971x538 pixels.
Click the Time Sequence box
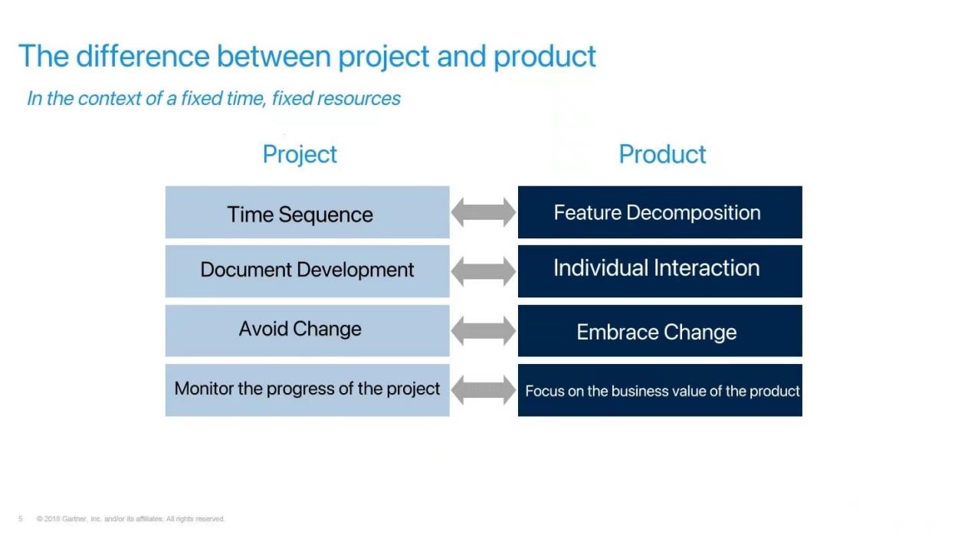pos(307,212)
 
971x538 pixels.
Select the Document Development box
pos(307,271)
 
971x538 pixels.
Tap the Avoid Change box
pos(307,331)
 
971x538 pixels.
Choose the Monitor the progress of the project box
pos(307,390)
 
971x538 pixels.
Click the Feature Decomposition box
pos(660,212)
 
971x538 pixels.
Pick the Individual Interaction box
pos(660,271)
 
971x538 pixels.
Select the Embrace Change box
pos(660,331)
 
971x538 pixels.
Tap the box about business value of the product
pos(660,390)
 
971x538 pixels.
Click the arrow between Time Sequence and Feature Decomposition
pos(484,212)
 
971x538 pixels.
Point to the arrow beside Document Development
pos(484,271)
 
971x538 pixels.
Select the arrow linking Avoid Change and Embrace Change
pos(484,331)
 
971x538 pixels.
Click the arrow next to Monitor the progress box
pos(484,390)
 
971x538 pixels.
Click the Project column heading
pos(300,155)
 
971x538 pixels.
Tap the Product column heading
pos(662,154)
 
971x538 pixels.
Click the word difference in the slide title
pos(143,56)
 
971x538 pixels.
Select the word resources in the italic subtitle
pos(359,98)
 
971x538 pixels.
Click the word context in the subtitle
pos(110,98)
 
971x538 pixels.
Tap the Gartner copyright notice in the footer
pos(130,519)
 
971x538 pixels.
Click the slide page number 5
pos(21,519)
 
